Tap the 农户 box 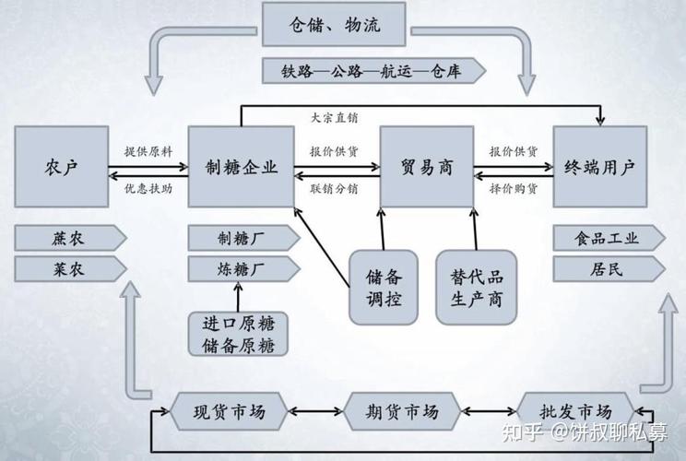point(61,168)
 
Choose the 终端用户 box point(599,168)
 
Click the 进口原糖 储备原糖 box point(238,334)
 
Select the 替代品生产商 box point(476,287)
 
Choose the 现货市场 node point(231,411)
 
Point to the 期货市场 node point(404,411)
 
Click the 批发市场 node point(577,411)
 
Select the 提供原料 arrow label point(148,150)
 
